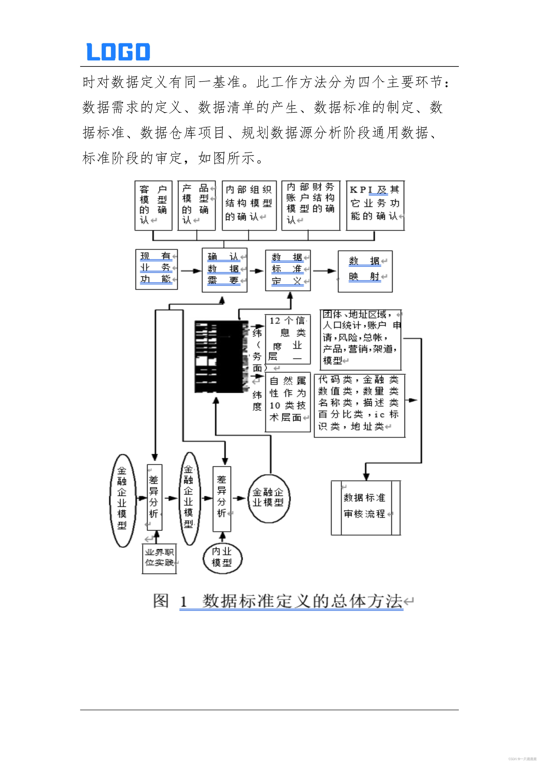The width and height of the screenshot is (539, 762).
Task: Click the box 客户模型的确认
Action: point(153,205)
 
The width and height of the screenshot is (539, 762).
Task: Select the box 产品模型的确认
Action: point(197,205)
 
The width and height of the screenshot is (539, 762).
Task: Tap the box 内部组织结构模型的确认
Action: point(249,205)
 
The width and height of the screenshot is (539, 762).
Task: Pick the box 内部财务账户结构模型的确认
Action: point(311,205)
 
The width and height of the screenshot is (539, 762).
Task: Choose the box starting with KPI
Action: point(375,205)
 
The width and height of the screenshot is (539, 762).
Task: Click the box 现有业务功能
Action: point(156,269)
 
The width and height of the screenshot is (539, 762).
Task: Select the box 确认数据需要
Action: point(224,270)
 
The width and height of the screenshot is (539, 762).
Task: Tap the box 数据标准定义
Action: point(288,270)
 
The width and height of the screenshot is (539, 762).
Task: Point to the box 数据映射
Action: point(365,271)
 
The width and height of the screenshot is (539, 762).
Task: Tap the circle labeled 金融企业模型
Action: point(269,498)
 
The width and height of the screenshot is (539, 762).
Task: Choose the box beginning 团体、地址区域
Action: point(360,339)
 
